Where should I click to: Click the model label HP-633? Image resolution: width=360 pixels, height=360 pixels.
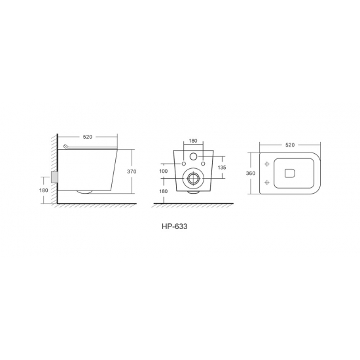[x=175, y=226]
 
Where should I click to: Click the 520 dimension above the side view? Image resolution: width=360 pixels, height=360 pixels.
[x=88, y=137]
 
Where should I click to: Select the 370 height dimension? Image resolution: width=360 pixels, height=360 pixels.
[x=132, y=171]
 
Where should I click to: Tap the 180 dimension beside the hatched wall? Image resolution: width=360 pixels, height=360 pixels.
[x=44, y=190]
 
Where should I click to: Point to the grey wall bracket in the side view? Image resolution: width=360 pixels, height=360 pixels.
[x=54, y=177]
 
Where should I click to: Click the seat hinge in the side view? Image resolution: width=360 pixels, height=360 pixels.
[x=65, y=146]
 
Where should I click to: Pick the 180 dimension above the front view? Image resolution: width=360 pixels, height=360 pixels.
[x=193, y=141]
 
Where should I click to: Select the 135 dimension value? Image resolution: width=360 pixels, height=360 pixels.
[x=222, y=168]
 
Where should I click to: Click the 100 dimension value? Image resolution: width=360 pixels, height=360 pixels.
[x=163, y=171]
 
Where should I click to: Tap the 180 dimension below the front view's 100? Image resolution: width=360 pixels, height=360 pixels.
[x=163, y=191]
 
